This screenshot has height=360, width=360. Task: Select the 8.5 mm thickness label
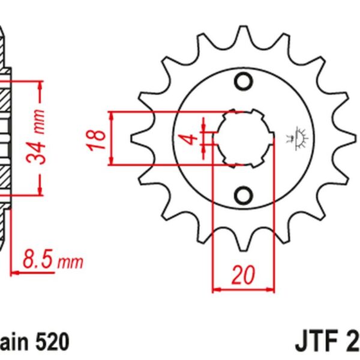pyautogui.click(x=51, y=261)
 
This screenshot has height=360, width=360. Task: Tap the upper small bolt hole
pyautogui.click(x=244, y=80)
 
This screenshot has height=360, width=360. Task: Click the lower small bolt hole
pyautogui.click(x=244, y=196)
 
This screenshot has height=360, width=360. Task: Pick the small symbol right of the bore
pyautogui.click(x=299, y=137)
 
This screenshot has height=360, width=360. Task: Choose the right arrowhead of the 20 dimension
pyautogui.click(x=269, y=289)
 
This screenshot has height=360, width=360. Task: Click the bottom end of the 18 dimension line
pyautogui.click(x=112, y=163)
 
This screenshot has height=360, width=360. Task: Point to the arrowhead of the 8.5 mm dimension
pyautogui.click(x=14, y=272)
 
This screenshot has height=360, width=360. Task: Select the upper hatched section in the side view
pyautogui.click(x=5, y=96)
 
